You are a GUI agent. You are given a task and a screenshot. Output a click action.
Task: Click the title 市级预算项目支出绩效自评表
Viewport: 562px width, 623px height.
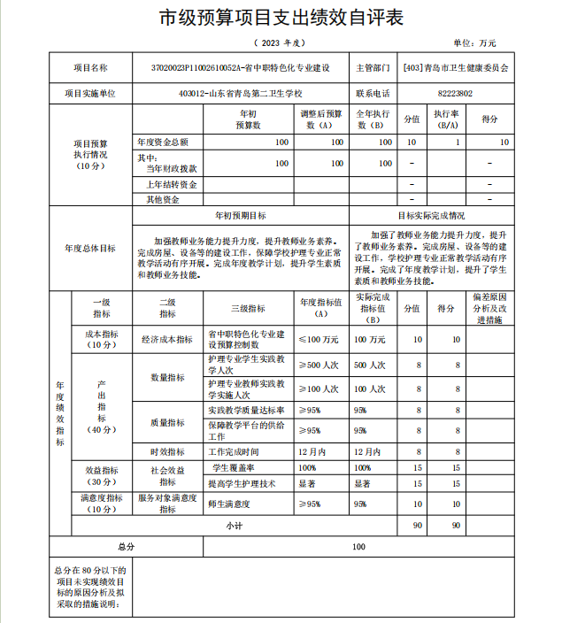(281, 18)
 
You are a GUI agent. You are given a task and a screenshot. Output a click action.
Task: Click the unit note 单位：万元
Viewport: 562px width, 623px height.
(475, 42)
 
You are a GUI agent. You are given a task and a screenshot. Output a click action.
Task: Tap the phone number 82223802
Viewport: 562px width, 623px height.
(455, 93)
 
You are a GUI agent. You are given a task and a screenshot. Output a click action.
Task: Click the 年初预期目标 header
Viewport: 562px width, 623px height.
(241, 215)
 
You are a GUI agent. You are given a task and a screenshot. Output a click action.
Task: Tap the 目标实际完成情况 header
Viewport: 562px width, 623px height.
(431, 215)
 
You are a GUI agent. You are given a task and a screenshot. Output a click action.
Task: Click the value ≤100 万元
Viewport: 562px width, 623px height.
(318, 339)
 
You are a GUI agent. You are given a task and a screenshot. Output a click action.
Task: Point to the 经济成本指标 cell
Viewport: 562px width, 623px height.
(166, 339)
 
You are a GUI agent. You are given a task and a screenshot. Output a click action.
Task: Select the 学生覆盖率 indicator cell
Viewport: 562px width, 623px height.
(233, 467)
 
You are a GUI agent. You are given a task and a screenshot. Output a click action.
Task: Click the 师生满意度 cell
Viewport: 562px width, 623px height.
(230, 504)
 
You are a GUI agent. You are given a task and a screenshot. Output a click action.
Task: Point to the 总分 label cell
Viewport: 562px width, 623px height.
(126, 547)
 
